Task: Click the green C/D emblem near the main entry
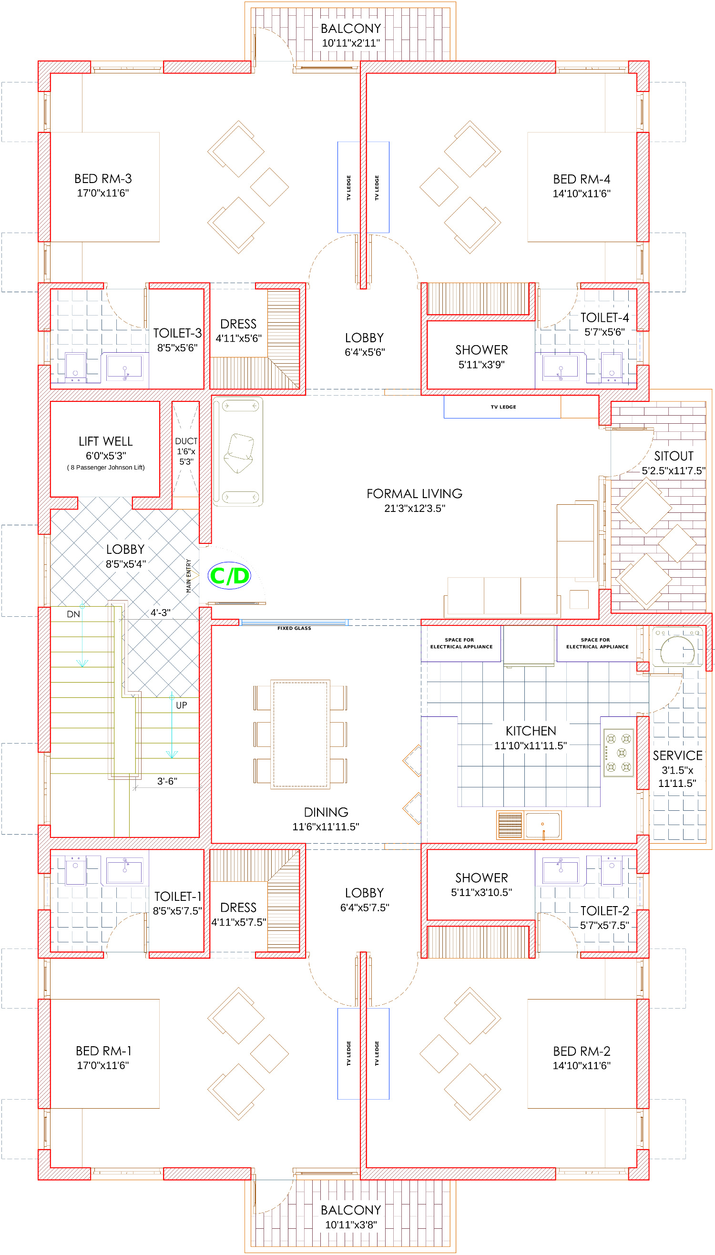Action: [229, 575]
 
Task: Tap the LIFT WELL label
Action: [105, 441]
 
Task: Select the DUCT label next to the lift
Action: [186, 441]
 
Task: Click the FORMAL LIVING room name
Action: [415, 493]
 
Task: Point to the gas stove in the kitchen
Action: [618, 753]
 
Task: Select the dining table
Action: [300, 734]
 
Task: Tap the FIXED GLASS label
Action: [294, 628]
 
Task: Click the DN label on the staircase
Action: [73, 614]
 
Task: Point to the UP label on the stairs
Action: [181, 705]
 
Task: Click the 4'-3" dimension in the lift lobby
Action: [160, 612]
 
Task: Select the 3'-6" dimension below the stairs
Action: [167, 781]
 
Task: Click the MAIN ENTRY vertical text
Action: [189, 576]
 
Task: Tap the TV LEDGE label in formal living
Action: [503, 407]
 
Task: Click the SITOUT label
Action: [674, 456]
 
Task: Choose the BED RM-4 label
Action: [582, 179]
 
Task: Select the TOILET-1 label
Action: [178, 897]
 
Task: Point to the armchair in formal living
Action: [239, 453]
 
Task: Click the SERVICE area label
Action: [678, 755]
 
